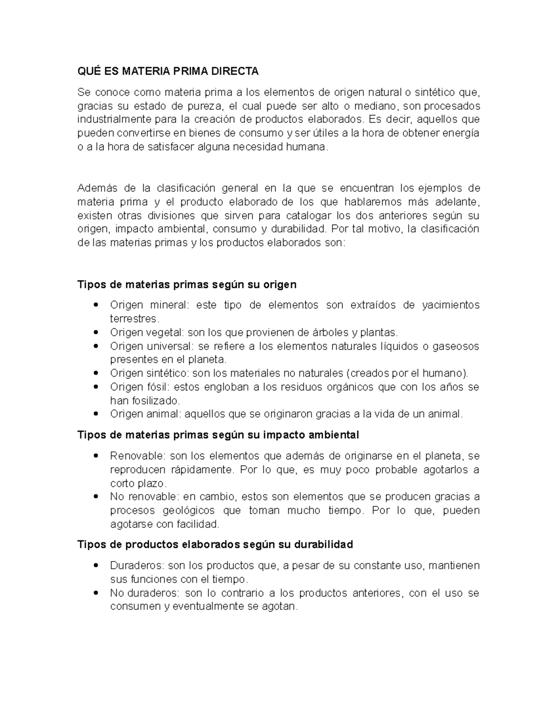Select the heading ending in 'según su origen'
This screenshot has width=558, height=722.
186,284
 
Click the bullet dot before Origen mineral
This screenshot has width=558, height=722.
96,305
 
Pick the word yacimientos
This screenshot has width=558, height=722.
450,305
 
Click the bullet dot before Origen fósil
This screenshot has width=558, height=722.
96,387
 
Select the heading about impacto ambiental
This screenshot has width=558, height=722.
218,435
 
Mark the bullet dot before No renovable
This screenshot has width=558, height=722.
96,497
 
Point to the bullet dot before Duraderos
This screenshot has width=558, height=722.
96,566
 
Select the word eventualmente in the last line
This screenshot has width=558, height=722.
207,607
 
